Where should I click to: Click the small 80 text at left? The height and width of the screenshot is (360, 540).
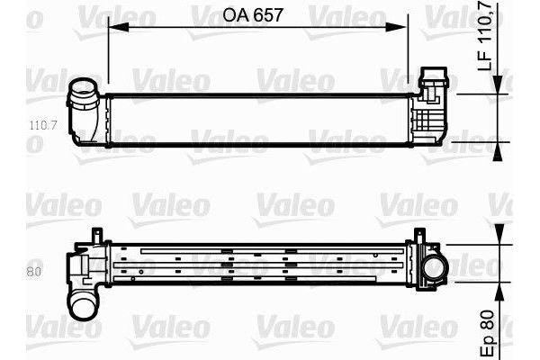point(35,269)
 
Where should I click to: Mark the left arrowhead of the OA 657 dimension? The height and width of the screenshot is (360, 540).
point(112,27)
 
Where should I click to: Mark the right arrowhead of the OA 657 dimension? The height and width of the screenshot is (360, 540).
point(417,27)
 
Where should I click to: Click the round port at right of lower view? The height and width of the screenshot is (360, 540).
point(435,267)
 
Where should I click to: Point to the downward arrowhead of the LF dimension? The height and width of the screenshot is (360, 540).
point(499,89)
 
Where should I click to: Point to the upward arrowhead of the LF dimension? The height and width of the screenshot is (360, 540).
point(499,148)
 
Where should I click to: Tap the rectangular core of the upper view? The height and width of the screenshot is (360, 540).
point(261,118)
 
